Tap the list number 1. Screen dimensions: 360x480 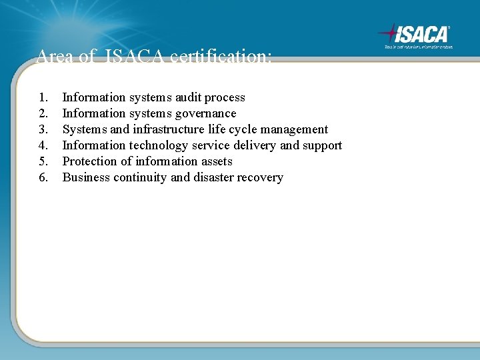coord(43,97)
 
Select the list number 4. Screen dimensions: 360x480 coord(43,145)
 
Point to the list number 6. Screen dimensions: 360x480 coord(43,177)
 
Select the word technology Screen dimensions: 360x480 coord(157,145)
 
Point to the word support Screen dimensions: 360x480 coord(322,145)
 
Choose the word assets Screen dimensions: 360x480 coord(217,161)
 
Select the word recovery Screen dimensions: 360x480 coord(261,177)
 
